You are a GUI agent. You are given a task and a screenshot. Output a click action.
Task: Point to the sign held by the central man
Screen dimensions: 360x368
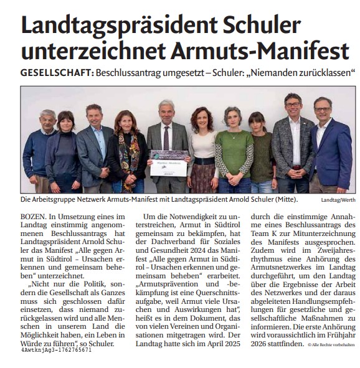[169, 159]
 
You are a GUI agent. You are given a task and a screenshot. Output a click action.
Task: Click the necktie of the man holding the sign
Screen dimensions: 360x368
[166, 134]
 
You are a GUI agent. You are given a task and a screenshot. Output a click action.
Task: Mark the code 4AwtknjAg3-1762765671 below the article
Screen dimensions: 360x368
[56, 350]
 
